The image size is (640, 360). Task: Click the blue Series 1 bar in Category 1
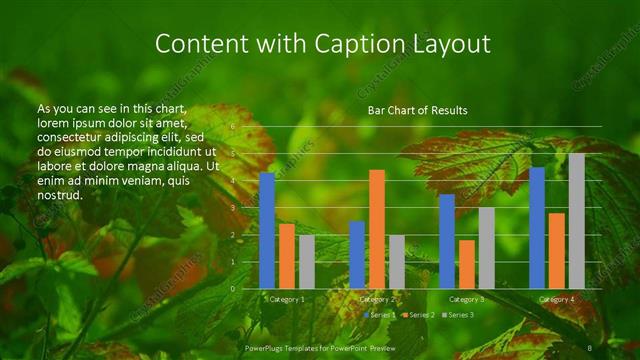coord(267,231)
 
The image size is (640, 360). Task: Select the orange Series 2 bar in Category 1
coord(287,256)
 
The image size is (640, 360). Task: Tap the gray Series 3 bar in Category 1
coord(307,262)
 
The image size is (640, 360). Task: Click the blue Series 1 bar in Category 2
coord(357,255)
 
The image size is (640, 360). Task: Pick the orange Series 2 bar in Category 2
coord(377,229)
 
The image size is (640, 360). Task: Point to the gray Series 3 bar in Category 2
coord(397,262)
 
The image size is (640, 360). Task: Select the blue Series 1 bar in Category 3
coord(447,241)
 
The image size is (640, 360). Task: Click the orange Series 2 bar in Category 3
coord(467,264)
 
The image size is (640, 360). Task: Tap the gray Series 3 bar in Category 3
coord(487,248)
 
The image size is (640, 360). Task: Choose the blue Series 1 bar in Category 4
coord(537,228)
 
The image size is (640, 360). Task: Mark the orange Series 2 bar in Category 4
coord(557,251)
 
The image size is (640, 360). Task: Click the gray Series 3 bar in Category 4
coord(577,221)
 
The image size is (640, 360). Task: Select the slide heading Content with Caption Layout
coord(324,44)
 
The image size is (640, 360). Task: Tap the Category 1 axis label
coord(287,299)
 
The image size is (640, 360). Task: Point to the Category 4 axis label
coord(557,299)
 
